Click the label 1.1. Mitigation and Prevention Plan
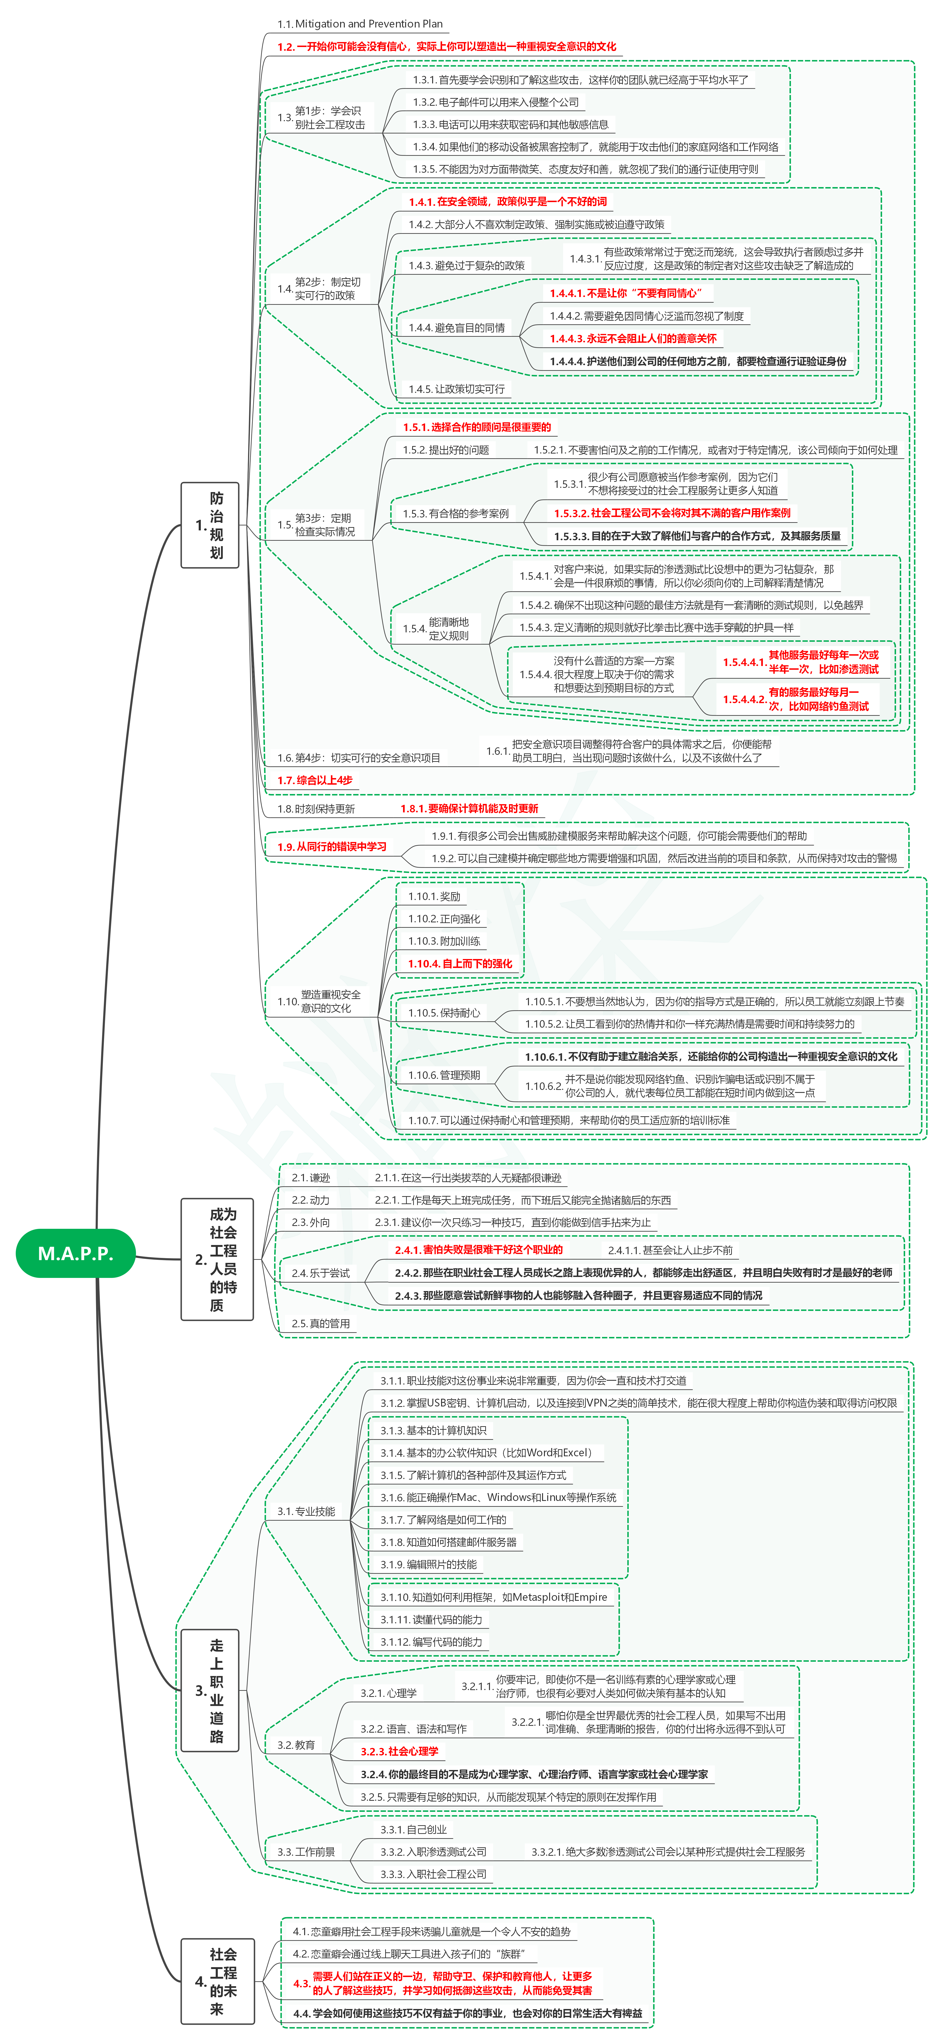pos(359,24)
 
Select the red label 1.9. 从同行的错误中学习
pos(331,847)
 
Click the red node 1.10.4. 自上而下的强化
pos(460,963)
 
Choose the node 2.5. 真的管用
pos(320,1324)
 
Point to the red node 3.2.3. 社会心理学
pos(399,1751)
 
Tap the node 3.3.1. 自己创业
pos(413,1829)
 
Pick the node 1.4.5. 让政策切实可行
pos(456,389)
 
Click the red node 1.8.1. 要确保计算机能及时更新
pos(469,809)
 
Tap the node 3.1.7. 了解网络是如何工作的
pos(442,1519)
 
